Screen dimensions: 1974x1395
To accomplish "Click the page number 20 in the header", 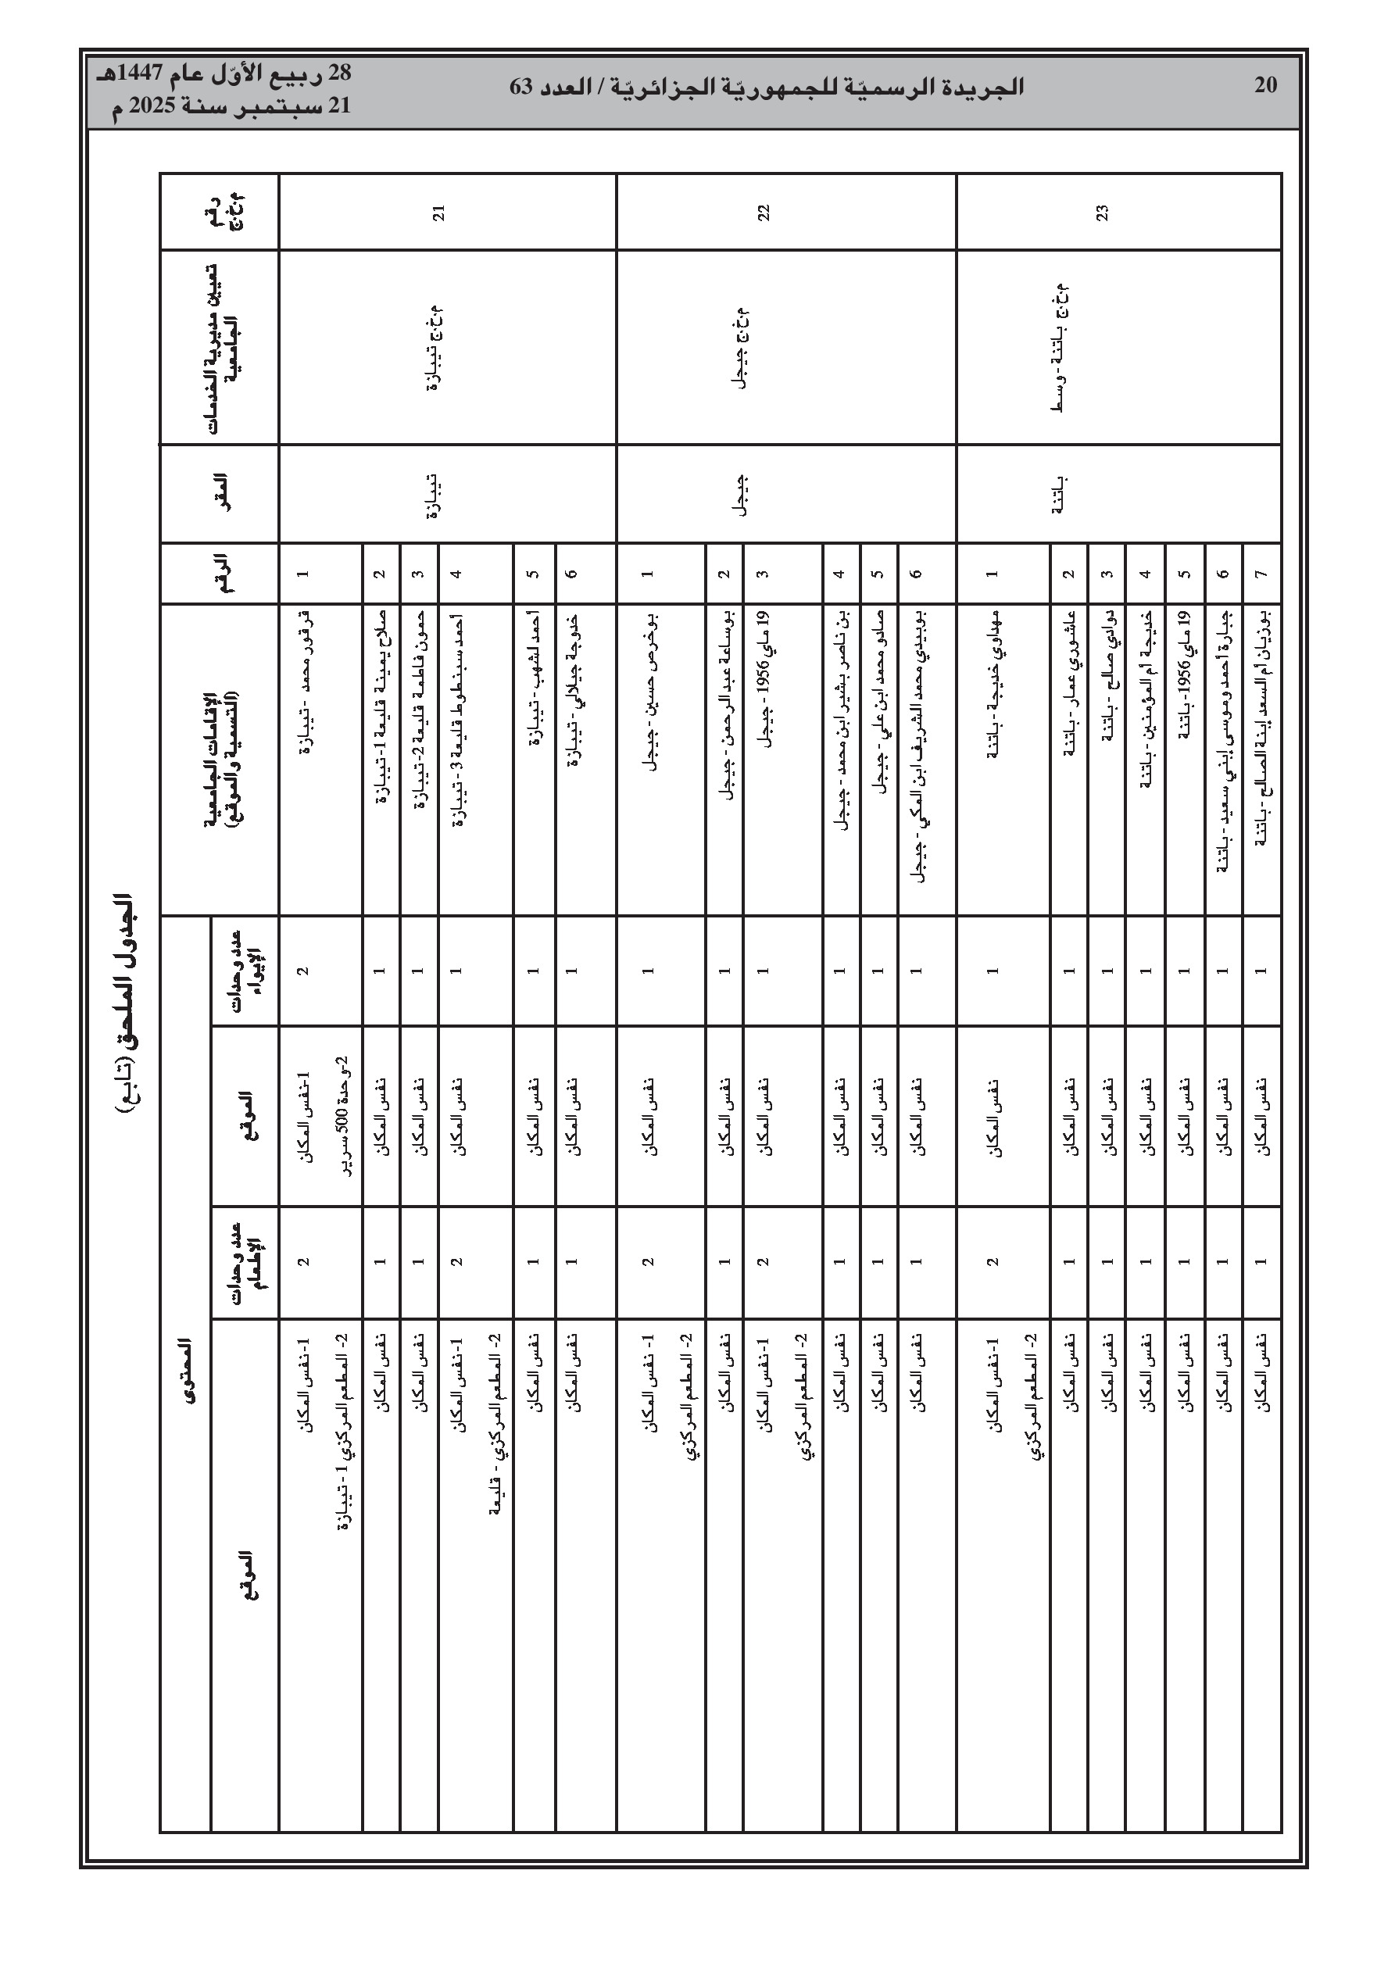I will (1265, 85).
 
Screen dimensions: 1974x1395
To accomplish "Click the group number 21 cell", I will (438, 212).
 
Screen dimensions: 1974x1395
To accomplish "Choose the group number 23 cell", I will (1102, 212).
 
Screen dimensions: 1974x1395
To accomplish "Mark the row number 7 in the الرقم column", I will (1261, 574).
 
